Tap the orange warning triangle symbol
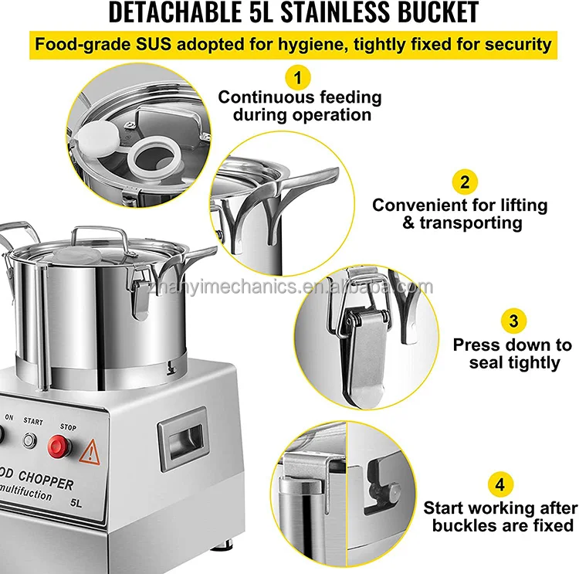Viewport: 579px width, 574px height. [90, 450]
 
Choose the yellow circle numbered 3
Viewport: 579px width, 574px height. [513, 321]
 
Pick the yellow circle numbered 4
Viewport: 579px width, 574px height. [500, 484]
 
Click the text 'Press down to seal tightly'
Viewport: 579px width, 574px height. [513, 353]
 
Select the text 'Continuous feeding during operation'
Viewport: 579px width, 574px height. [300, 106]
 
